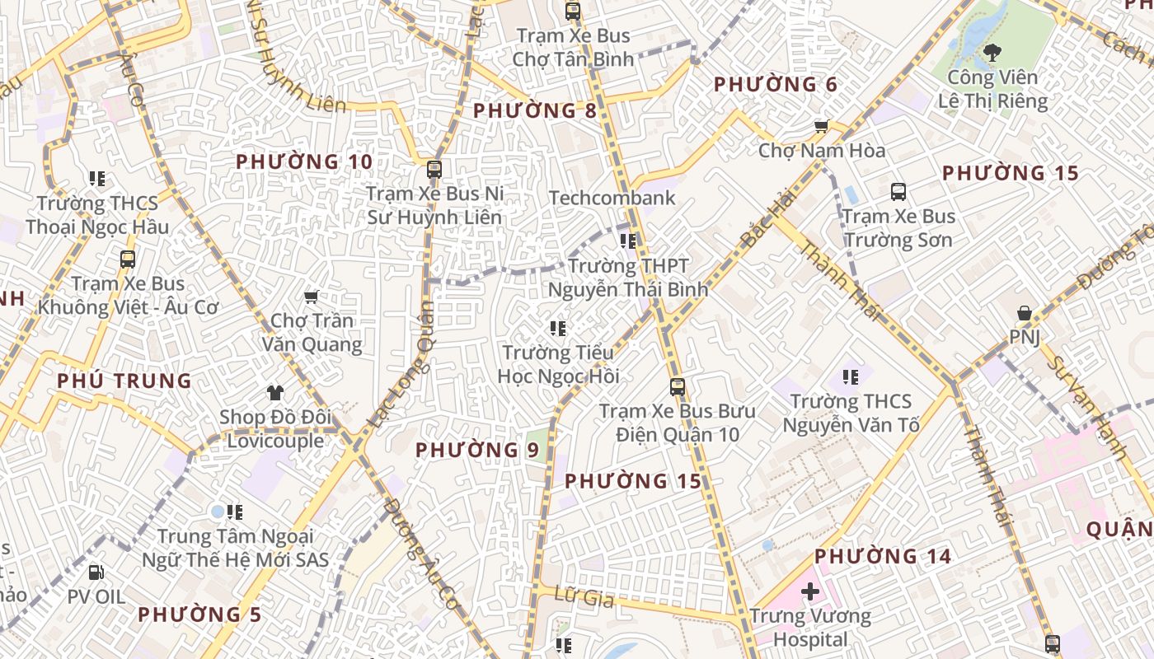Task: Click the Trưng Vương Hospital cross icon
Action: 810,591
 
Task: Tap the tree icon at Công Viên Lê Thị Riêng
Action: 992,54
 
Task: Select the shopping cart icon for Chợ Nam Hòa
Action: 821,126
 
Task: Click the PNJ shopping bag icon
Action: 1024,313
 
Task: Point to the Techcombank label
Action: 612,198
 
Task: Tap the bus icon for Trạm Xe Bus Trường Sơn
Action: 898,192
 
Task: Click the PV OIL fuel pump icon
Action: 96,572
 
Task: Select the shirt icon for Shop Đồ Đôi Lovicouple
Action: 275,393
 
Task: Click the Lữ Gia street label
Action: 584,597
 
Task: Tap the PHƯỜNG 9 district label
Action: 476,451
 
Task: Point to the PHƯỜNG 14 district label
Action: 883,557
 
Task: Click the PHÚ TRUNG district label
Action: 124,381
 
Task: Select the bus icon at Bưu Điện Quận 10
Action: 678,386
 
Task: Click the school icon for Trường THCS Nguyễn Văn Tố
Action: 851,377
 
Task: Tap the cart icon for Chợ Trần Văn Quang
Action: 312,297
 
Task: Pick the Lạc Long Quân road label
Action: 401,365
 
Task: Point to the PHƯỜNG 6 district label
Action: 775,85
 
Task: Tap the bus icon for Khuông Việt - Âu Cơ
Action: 128,259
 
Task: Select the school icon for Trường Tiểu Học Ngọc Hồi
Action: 558,329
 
